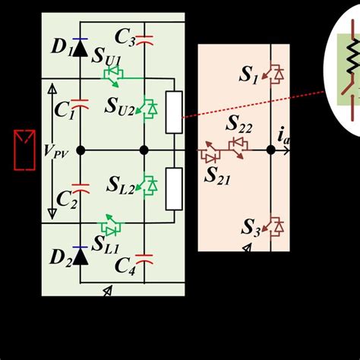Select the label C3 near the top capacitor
[x=125, y=36]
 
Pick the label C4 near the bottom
[x=124, y=267]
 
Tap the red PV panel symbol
[x=24, y=150]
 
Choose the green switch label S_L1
[x=106, y=244]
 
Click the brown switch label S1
[x=249, y=74]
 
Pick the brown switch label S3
[x=250, y=226]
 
